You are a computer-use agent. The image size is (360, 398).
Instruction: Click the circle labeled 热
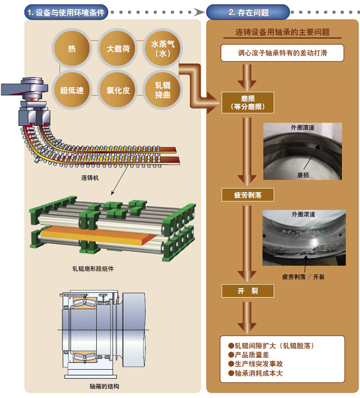tap(72, 49)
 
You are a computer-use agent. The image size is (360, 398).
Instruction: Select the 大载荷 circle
tap(118, 49)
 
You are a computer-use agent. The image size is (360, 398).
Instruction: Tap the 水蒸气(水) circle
tap(163, 49)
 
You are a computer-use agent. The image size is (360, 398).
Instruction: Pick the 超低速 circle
tap(72, 90)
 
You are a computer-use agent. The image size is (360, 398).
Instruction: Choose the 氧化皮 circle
tap(118, 90)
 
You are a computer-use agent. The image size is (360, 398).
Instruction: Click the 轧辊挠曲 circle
tap(163, 90)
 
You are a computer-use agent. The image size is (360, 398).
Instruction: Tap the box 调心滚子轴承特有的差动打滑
tap(282, 53)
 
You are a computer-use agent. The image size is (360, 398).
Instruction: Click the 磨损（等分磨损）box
tap(248, 103)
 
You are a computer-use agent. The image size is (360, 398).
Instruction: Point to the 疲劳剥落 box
tap(248, 195)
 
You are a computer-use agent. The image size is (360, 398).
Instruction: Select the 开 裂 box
tap(248, 291)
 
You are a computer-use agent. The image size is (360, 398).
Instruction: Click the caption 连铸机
tap(90, 178)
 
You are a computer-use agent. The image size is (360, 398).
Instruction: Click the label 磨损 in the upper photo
tap(303, 175)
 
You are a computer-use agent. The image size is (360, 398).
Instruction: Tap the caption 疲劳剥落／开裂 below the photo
tap(303, 277)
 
